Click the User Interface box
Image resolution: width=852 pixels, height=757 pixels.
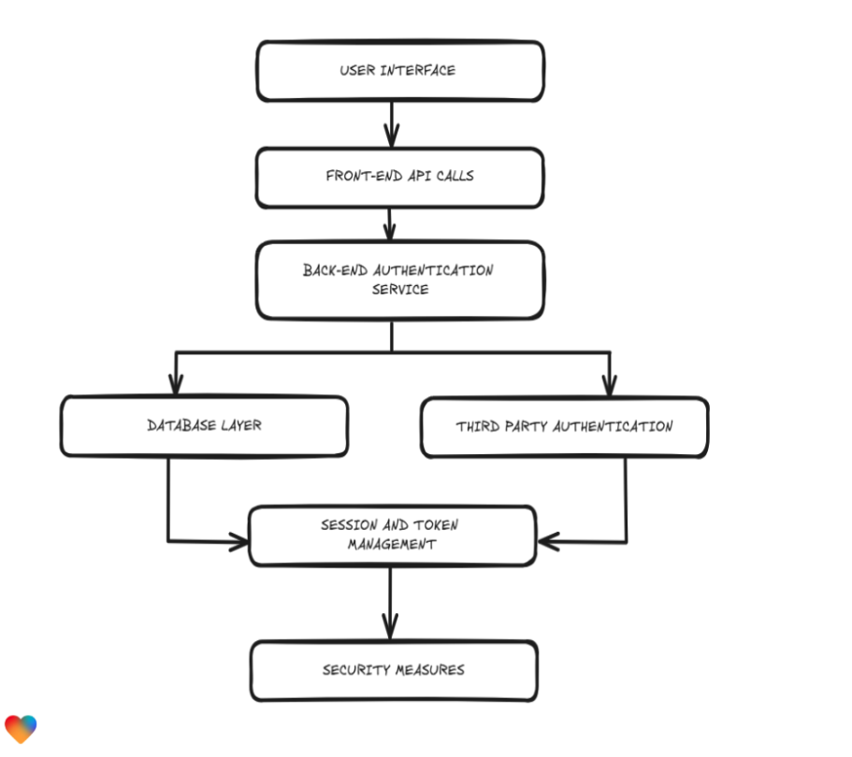[x=399, y=71]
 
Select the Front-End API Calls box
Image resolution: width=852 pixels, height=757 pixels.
[x=399, y=177]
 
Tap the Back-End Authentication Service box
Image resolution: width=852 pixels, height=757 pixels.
[x=399, y=279]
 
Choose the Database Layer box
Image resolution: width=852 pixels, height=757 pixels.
[x=204, y=426]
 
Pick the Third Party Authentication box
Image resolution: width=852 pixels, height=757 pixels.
[x=564, y=427]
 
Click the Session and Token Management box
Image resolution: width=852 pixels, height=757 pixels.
[x=392, y=536]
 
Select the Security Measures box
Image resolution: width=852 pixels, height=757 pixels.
[x=394, y=670]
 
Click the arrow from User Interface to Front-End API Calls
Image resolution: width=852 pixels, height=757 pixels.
[x=391, y=123]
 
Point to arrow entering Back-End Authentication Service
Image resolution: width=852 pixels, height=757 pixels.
[x=391, y=224]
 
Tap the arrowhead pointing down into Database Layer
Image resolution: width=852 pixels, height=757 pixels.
[x=175, y=383]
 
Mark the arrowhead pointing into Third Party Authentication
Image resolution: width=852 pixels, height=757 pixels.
[x=609, y=383]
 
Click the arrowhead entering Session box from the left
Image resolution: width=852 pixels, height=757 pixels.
[x=238, y=540]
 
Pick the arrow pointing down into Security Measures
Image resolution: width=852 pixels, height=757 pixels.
[x=390, y=621]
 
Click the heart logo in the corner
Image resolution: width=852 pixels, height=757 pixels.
[x=21, y=728]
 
